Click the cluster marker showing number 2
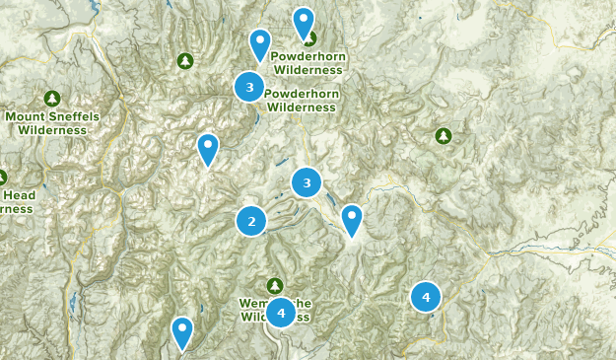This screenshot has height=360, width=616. pos(252,221)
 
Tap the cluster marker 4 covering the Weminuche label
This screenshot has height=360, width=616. pos(281,313)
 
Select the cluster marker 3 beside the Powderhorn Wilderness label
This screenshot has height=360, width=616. pos(249,88)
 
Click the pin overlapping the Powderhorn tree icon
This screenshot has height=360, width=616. pos(304,22)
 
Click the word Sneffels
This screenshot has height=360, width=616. pos(75,116)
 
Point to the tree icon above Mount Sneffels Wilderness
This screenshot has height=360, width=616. pos(52,99)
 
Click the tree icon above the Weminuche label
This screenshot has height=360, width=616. pos(275,286)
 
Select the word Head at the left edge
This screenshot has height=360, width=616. pos(22,195)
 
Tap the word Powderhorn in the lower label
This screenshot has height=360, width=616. pos(302,94)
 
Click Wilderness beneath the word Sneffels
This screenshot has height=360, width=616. pos(52,129)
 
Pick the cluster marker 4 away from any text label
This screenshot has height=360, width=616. pos(426,296)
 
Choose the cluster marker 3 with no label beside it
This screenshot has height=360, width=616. pos(307,182)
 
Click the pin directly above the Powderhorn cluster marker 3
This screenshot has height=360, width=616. pos(260,43)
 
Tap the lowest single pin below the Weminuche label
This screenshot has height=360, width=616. pos(182,331)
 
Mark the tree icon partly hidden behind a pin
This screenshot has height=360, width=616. pos(309,38)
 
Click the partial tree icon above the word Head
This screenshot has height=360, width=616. pos(2,178)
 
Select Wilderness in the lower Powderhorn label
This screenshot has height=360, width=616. pos(302,107)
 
